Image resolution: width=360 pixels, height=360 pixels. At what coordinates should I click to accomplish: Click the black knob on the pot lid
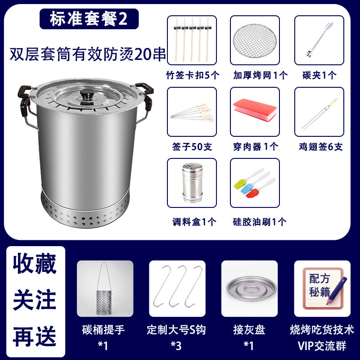(x=87, y=94)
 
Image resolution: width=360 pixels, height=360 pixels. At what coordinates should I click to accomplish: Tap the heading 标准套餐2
(x=89, y=19)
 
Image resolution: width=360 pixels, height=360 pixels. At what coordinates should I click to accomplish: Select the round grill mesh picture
(x=255, y=41)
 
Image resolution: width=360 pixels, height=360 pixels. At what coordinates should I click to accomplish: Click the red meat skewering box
(x=255, y=110)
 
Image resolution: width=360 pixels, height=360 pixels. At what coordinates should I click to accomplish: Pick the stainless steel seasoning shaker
(x=192, y=183)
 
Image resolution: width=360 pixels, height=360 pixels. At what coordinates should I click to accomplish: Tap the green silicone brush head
(x=238, y=184)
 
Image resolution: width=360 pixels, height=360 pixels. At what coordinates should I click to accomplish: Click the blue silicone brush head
(x=246, y=188)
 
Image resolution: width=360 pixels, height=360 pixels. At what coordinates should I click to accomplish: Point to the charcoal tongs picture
(x=319, y=40)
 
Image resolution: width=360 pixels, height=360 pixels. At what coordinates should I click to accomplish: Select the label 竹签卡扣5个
(x=193, y=75)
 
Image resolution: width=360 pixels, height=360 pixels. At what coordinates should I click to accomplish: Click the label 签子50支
(x=192, y=147)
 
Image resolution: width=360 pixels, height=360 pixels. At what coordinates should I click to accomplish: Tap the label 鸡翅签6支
(x=320, y=147)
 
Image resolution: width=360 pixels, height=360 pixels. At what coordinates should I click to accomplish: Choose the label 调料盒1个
(x=194, y=222)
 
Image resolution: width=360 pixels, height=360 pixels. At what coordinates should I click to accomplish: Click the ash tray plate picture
(x=251, y=288)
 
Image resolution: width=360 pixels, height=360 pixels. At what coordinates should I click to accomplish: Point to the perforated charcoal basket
(x=104, y=302)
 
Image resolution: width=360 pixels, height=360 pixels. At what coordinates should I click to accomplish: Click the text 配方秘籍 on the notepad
(x=319, y=285)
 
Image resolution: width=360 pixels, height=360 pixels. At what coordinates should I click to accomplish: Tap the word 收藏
(x=35, y=264)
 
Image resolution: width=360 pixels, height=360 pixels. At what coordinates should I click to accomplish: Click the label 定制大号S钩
(x=176, y=330)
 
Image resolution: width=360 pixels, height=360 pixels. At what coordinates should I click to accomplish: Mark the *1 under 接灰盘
(x=249, y=346)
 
